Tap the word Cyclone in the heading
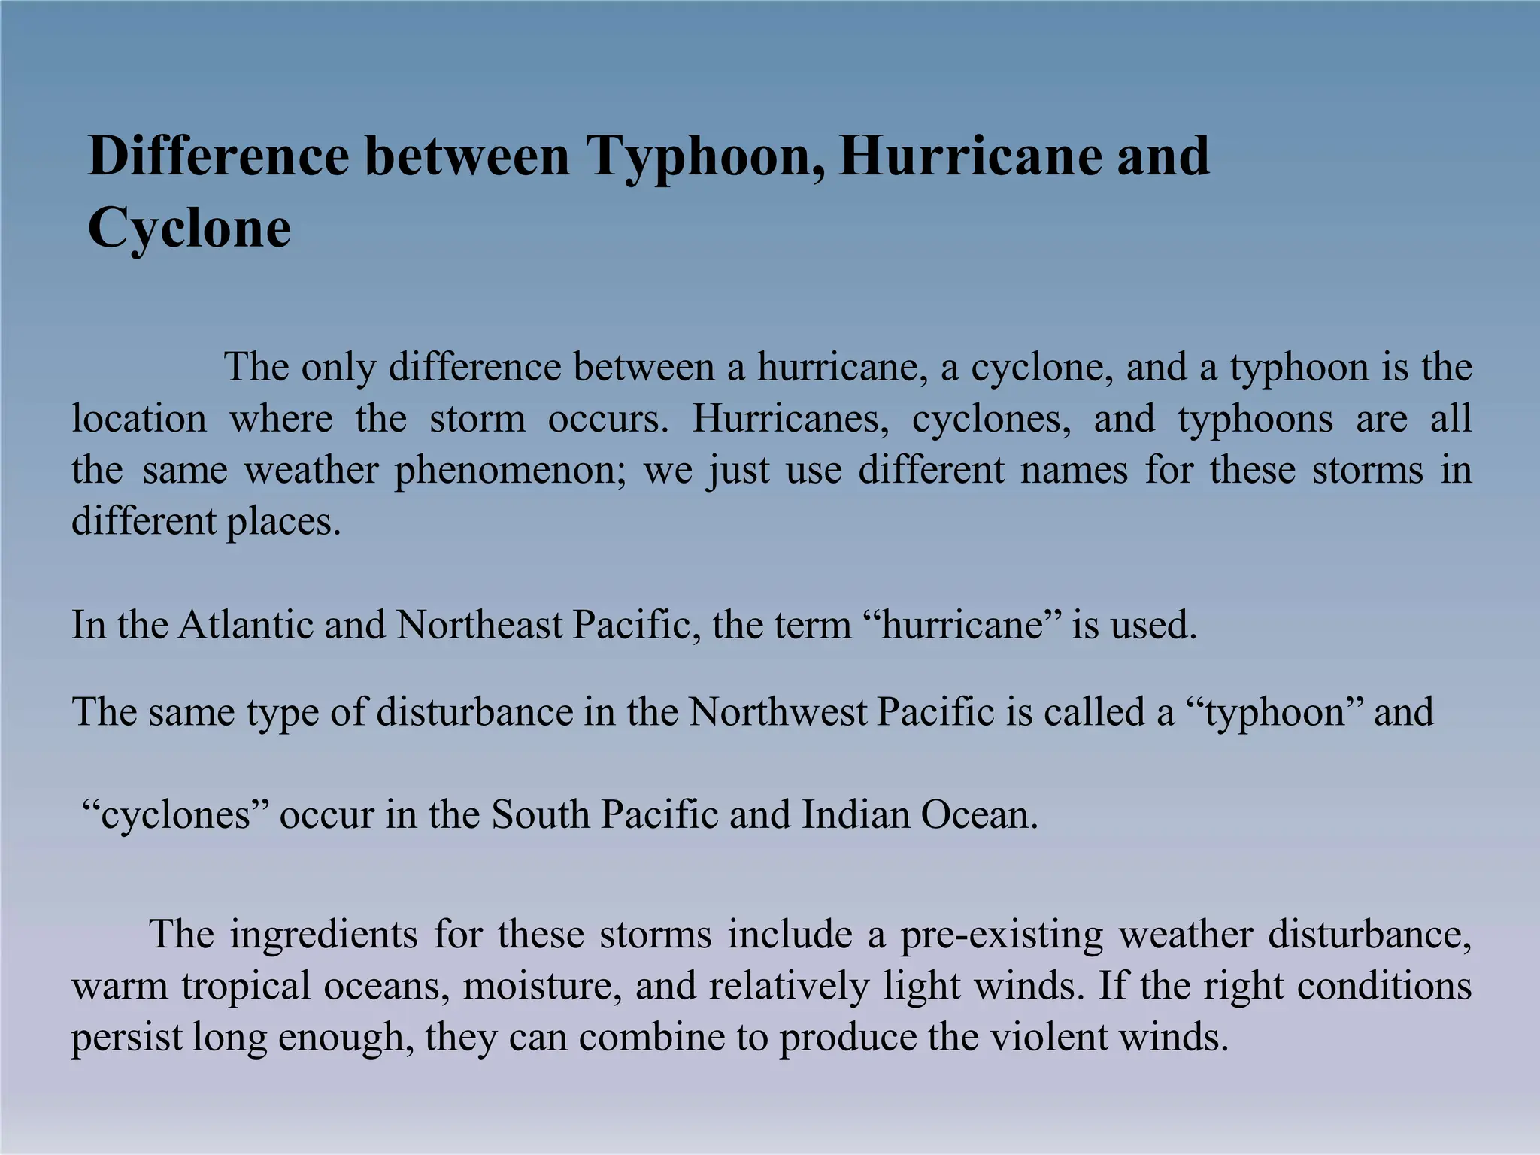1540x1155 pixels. tap(189, 227)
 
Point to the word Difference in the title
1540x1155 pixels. tap(218, 156)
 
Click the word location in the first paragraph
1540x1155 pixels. tap(139, 419)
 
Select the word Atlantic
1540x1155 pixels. tap(245, 625)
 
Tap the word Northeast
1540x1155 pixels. tap(479, 625)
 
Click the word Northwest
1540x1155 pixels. tap(778, 711)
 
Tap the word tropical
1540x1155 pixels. tap(246, 987)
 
